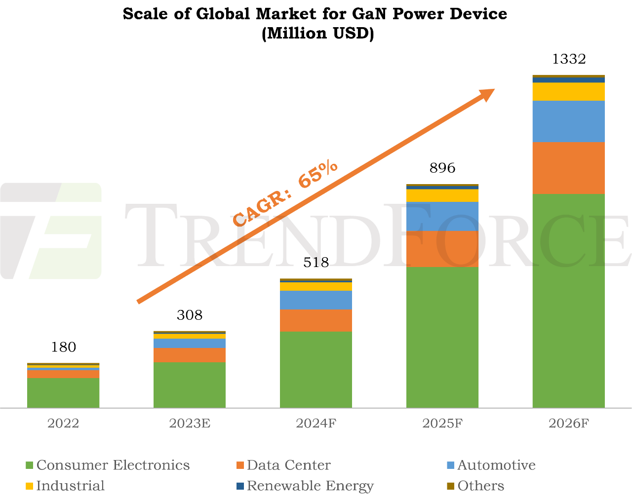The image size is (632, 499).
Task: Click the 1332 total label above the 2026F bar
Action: pos(569,59)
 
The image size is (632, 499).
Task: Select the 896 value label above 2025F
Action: pos(442,168)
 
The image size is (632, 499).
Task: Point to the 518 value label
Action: pos(316,263)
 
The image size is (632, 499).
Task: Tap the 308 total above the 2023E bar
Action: pos(190,315)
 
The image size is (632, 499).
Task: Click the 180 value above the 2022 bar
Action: pos(64,347)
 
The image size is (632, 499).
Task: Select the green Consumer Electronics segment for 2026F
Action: pos(569,301)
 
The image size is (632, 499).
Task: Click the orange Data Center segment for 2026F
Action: pos(569,168)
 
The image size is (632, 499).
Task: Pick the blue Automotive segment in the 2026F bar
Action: pos(569,121)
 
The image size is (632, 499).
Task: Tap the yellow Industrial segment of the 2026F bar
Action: pos(569,91)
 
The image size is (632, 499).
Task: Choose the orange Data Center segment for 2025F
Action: pos(442,249)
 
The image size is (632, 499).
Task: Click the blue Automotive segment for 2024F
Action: pos(316,300)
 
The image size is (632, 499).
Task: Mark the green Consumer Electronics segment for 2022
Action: pos(63,392)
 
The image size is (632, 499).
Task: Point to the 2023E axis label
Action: pos(190,423)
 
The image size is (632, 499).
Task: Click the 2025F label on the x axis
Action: pos(442,423)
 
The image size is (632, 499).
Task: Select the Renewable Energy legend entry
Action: pos(310,486)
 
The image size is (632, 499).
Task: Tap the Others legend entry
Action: pos(480,486)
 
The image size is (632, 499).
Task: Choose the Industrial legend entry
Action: pos(70,486)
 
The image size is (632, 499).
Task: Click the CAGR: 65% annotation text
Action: pos(285,193)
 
